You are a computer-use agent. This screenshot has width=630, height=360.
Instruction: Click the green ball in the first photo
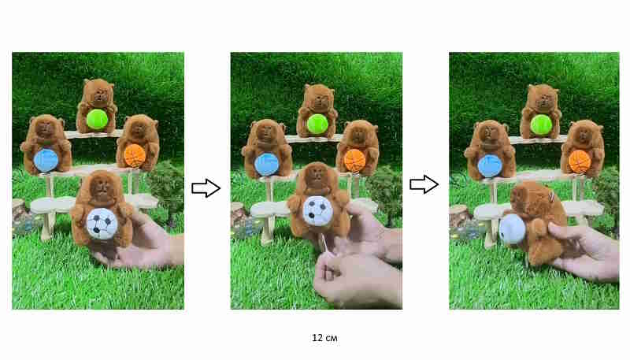(x=97, y=119)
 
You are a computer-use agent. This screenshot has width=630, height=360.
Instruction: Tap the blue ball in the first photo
(x=46, y=160)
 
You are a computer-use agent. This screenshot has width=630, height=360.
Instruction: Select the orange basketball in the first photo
(x=135, y=155)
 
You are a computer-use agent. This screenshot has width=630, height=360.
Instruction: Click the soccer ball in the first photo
(x=102, y=224)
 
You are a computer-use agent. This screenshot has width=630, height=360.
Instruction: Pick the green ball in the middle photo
(x=317, y=124)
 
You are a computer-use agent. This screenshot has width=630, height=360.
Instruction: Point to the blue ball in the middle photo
(x=267, y=164)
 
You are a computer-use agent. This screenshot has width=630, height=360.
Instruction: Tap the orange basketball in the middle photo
(x=355, y=160)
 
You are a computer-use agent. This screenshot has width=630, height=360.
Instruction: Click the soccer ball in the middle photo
(x=318, y=210)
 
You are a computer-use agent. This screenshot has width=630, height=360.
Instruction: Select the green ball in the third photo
(x=541, y=124)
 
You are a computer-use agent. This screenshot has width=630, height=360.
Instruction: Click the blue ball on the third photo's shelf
(x=490, y=165)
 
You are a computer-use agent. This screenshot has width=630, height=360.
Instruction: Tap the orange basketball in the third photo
(x=580, y=161)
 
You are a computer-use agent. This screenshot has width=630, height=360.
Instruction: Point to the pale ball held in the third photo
(x=513, y=229)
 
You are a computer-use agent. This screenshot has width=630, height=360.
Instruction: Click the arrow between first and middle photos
(x=206, y=188)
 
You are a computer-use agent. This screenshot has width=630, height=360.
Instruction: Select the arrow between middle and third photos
(x=424, y=185)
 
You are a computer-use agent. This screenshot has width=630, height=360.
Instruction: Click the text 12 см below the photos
(x=324, y=338)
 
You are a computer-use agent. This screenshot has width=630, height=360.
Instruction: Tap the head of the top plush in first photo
(x=98, y=91)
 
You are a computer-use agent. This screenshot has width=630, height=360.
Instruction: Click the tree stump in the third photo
(x=458, y=216)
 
